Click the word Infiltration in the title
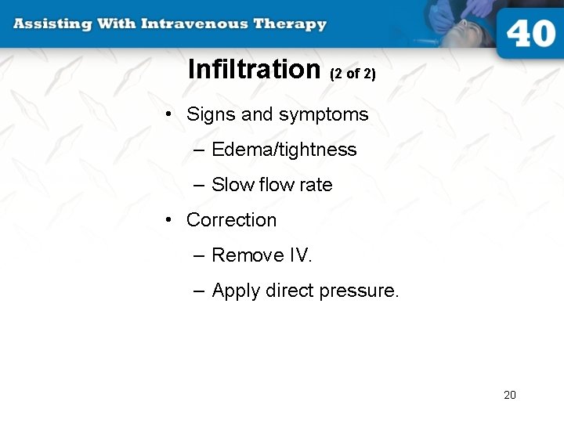point(255,70)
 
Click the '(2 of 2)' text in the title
point(352,74)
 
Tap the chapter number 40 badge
point(530,34)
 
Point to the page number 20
point(510,395)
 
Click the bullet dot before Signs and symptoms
point(169,114)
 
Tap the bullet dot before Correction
point(169,220)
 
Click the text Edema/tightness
point(284,150)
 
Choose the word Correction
point(231,220)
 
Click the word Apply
point(236,291)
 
